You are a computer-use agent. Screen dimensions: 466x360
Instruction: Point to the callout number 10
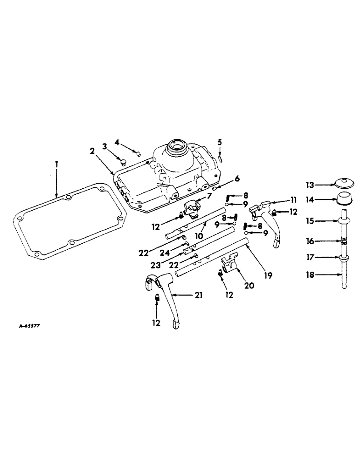(198, 236)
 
